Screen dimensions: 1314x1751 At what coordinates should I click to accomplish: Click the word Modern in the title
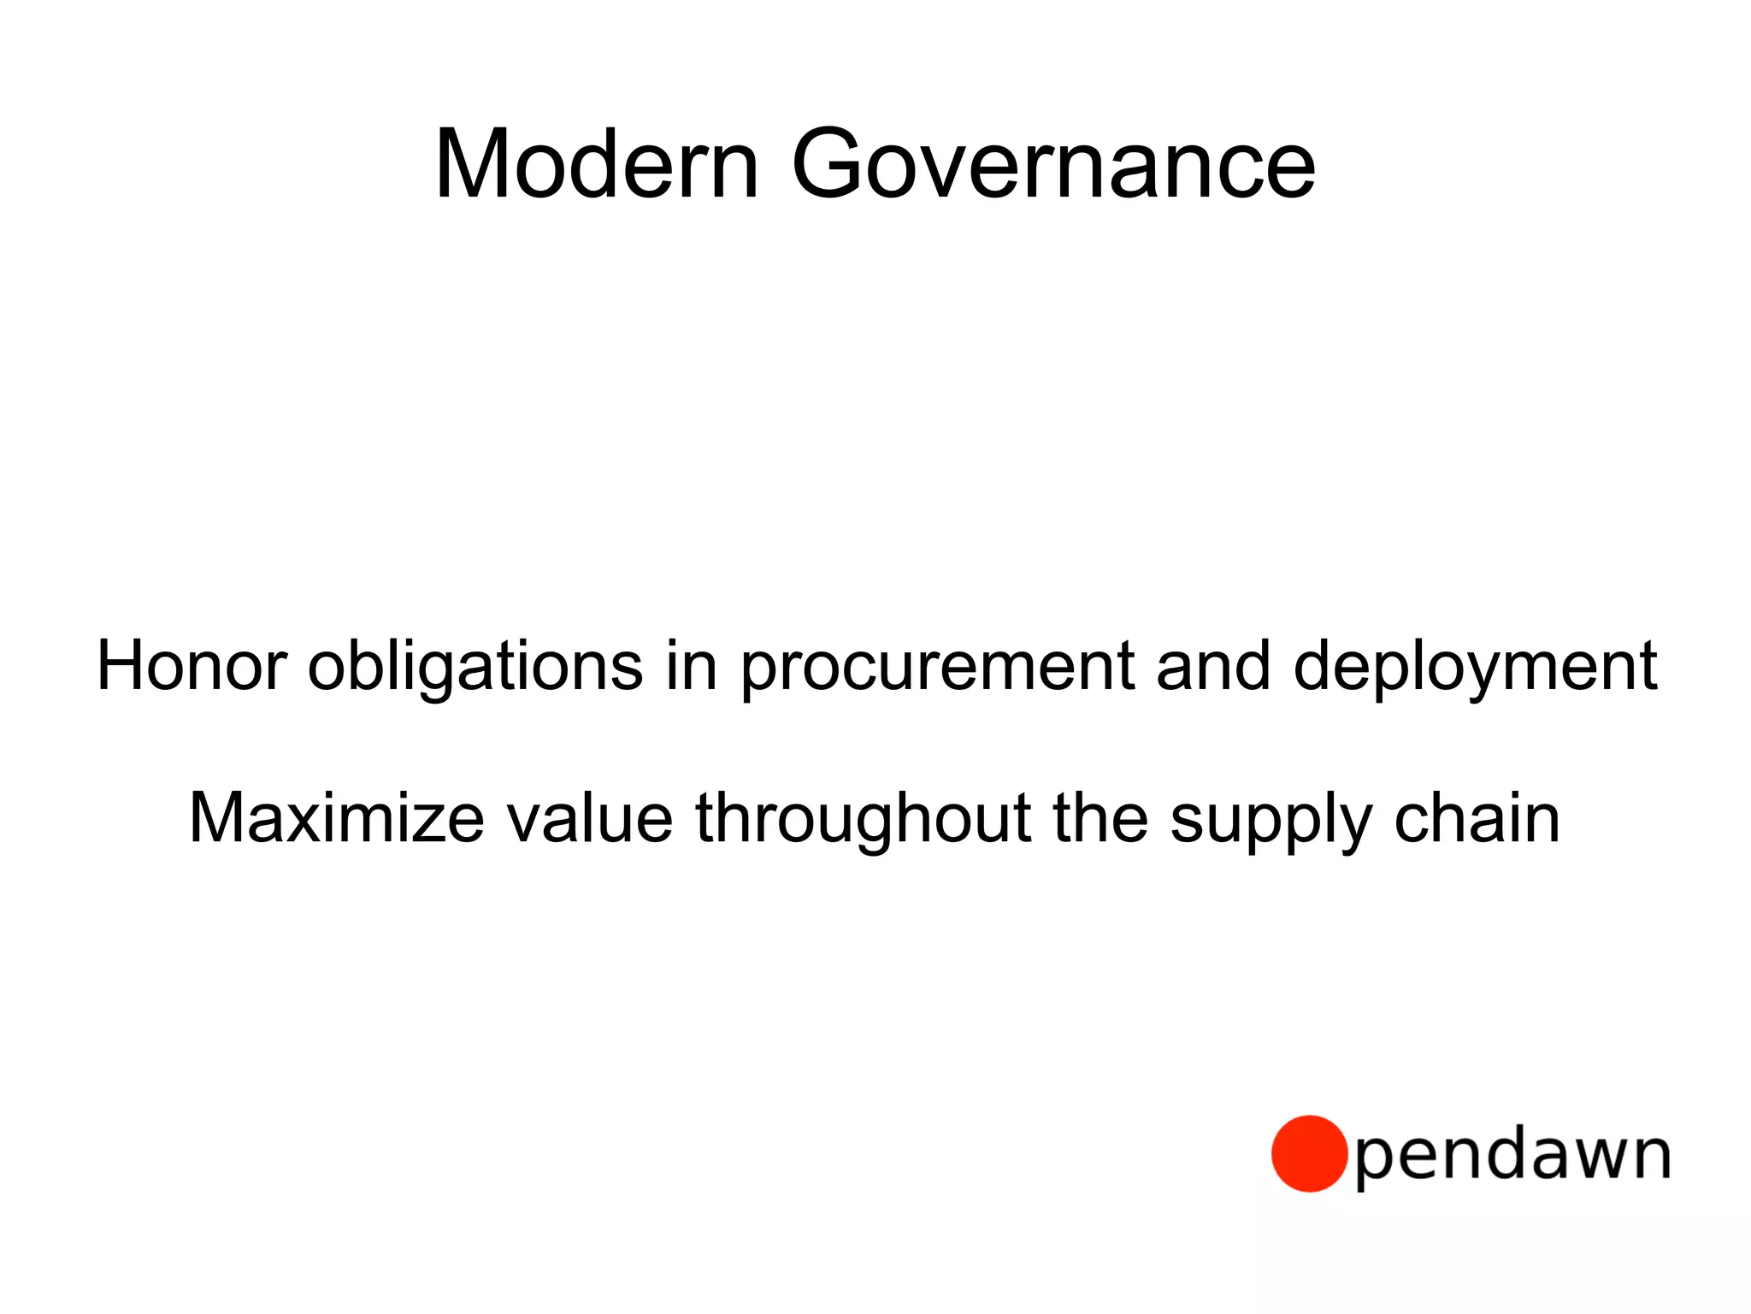(597, 164)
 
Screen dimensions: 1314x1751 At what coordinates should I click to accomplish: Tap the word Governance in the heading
(1053, 164)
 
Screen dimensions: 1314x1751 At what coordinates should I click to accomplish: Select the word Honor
(192, 666)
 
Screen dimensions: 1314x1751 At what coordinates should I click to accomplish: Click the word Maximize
(337, 819)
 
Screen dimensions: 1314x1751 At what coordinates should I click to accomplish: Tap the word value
(590, 819)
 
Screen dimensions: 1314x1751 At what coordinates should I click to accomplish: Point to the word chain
(1477, 819)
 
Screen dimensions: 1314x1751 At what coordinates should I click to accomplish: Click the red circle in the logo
(1309, 1153)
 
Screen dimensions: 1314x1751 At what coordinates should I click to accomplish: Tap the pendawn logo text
(1512, 1156)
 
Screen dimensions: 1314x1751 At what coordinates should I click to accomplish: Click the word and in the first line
(1213, 666)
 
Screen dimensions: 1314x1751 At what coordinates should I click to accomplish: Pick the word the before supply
(1100, 819)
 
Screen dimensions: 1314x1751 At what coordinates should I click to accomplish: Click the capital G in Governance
(830, 164)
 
